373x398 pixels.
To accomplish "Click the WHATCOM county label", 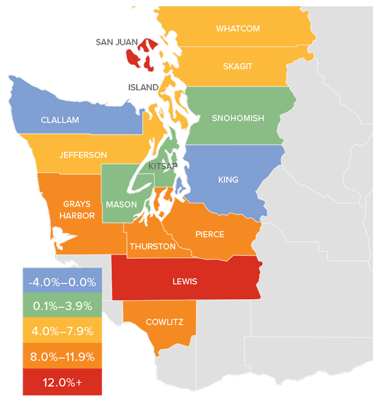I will pyautogui.click(x=237, y=29).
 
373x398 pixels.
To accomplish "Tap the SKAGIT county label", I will pyautogui.click(x=237, y=67).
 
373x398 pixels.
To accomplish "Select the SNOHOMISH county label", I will pyautogui.click(x=237, y=118).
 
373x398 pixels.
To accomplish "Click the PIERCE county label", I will pyautogui.click(x=210, y=234).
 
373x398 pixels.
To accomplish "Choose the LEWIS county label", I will pyautogui.click(x=185, y=282).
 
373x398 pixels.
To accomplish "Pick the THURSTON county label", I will pyautogui.click(x=152, y=246).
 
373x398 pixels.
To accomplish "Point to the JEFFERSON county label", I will pyautogui.click(x=83, y=155).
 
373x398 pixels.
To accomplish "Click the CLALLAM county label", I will pyautogui.click(x=60, y=120).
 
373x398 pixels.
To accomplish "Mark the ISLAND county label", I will pyautogui.click(x=143, y=88).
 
